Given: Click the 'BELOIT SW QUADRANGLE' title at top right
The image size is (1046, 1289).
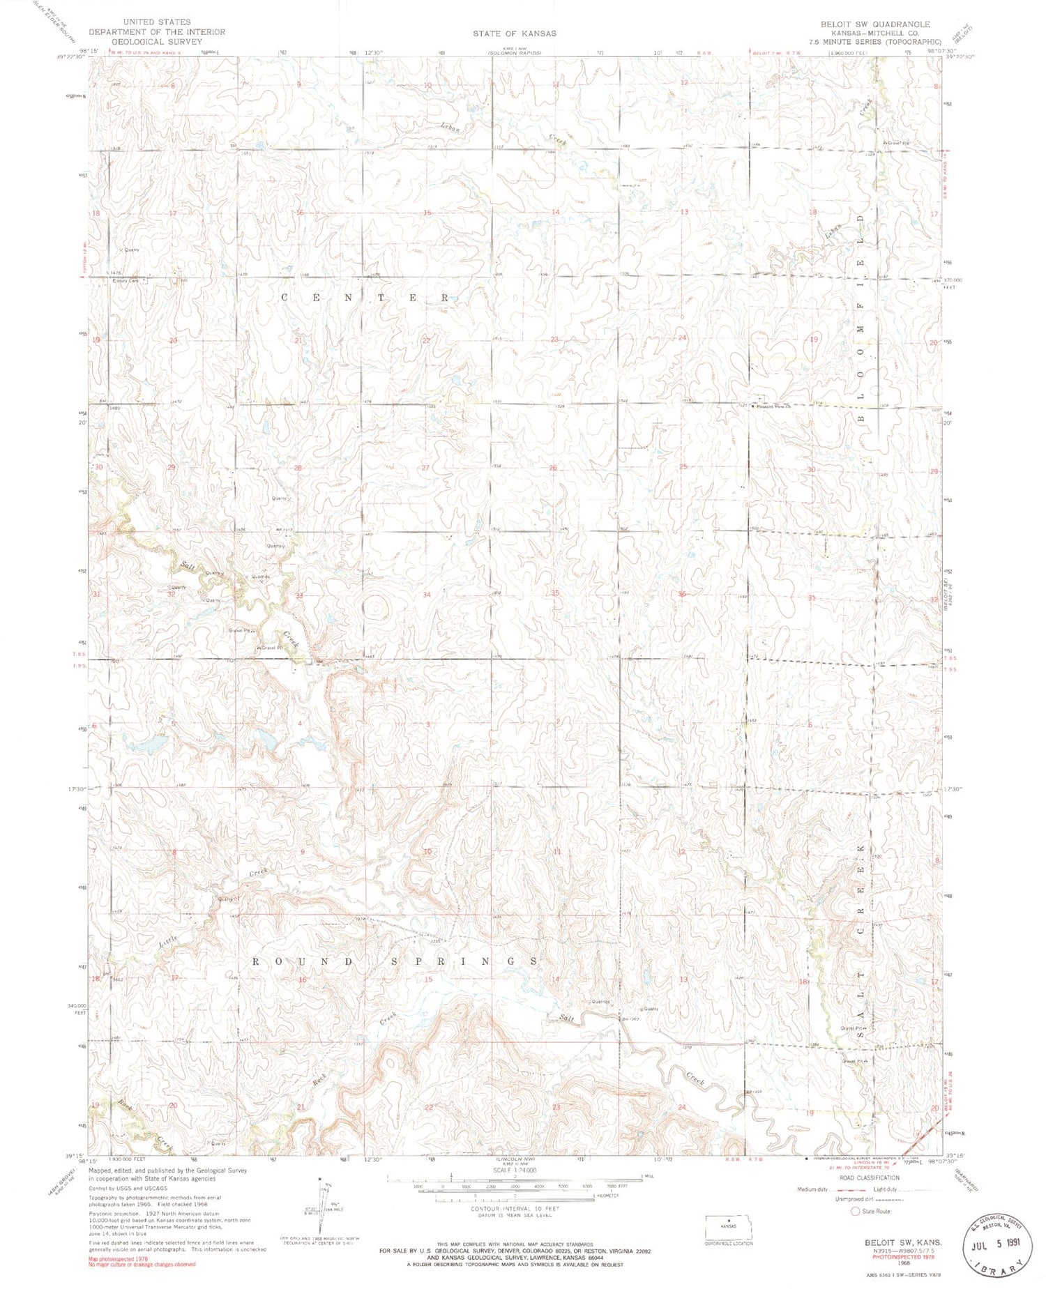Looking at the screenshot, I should [x=875, y=24].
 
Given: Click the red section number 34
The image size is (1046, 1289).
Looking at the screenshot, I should [x=427, y=594].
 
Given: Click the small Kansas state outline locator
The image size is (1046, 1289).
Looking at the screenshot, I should [x=728, y=1226].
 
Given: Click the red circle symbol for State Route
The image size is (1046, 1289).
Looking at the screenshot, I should [x=855, y=1212].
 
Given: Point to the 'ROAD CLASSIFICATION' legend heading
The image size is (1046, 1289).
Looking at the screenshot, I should [x=870, y=1177].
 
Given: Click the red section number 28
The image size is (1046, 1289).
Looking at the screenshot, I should [x=298, y=468].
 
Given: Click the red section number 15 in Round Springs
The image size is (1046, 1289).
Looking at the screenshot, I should [x=428, y=979].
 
